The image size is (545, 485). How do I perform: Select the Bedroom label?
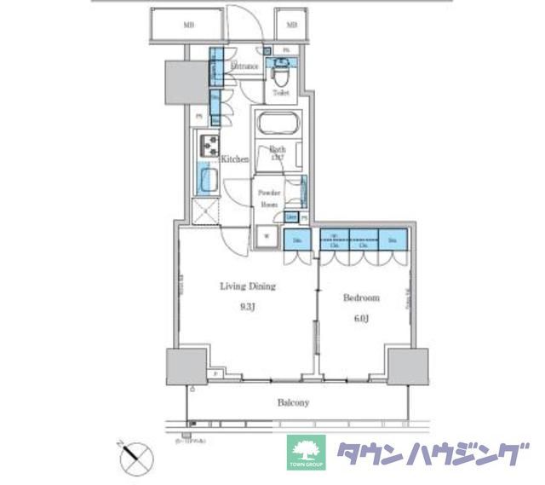point(361,298)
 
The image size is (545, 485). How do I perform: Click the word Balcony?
point(291,402)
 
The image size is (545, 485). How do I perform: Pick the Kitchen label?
point(235,159)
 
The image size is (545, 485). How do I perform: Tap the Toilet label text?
point(281,92)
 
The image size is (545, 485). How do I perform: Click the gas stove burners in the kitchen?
point(209,147)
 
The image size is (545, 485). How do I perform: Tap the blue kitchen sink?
point(209,179)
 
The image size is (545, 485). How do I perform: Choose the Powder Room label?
point(268,199)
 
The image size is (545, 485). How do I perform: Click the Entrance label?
point(245,66)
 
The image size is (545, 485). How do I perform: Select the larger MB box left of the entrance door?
point(187,26)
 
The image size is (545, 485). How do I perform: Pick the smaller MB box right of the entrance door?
point(291,26)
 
